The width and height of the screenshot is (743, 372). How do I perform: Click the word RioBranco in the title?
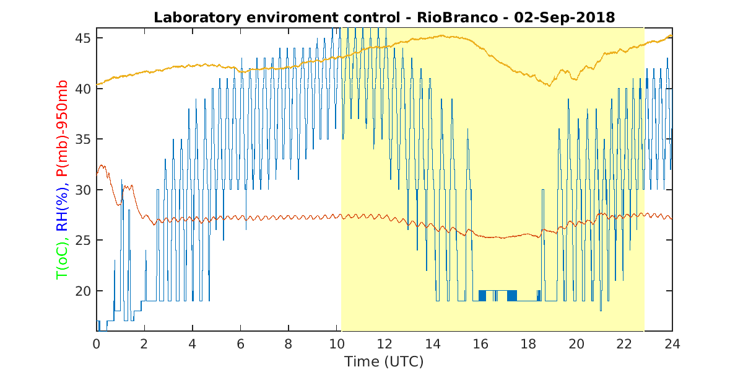[x=457, y=17]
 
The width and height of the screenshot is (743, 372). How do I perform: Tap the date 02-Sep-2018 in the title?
[x=565, y=17]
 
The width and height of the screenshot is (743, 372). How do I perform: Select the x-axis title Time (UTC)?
[x=384, y=361]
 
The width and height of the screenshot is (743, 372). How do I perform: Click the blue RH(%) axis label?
[x=62, y=208]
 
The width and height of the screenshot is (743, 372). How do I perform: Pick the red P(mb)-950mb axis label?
[x=62, y=128]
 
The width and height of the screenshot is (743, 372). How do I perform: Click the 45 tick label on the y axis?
[x=83, y=38]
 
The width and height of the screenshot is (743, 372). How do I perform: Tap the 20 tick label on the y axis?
[x=83, y=291]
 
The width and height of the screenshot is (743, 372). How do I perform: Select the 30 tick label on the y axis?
[x=83, y=190]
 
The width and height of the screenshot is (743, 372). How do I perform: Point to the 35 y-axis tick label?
[x=83, y=139]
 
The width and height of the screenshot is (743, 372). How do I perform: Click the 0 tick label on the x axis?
[x=96, y=344]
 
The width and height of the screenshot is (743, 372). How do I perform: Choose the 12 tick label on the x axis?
[x=385, y=344]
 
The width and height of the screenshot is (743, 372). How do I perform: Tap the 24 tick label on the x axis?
[x=672, y=344]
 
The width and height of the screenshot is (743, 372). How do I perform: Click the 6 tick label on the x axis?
[x=240, y=344]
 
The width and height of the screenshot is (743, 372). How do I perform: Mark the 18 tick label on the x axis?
[x=528, y=344]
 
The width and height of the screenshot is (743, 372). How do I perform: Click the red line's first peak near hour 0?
[x=102, y=165]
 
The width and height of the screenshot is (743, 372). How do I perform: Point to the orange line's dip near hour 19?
[x=550, y=86]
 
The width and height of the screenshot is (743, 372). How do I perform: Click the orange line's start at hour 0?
[x=97, y=85]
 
